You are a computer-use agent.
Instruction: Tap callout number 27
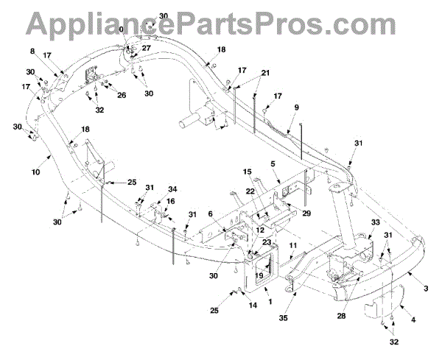coord(146,48)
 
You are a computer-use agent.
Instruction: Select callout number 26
coord(122,94)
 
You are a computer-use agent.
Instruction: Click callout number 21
coord(265,73)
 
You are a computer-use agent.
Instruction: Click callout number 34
coord(172,188)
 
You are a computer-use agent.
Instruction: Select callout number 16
coord(170,201)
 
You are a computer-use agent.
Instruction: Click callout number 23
coord(266,242)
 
